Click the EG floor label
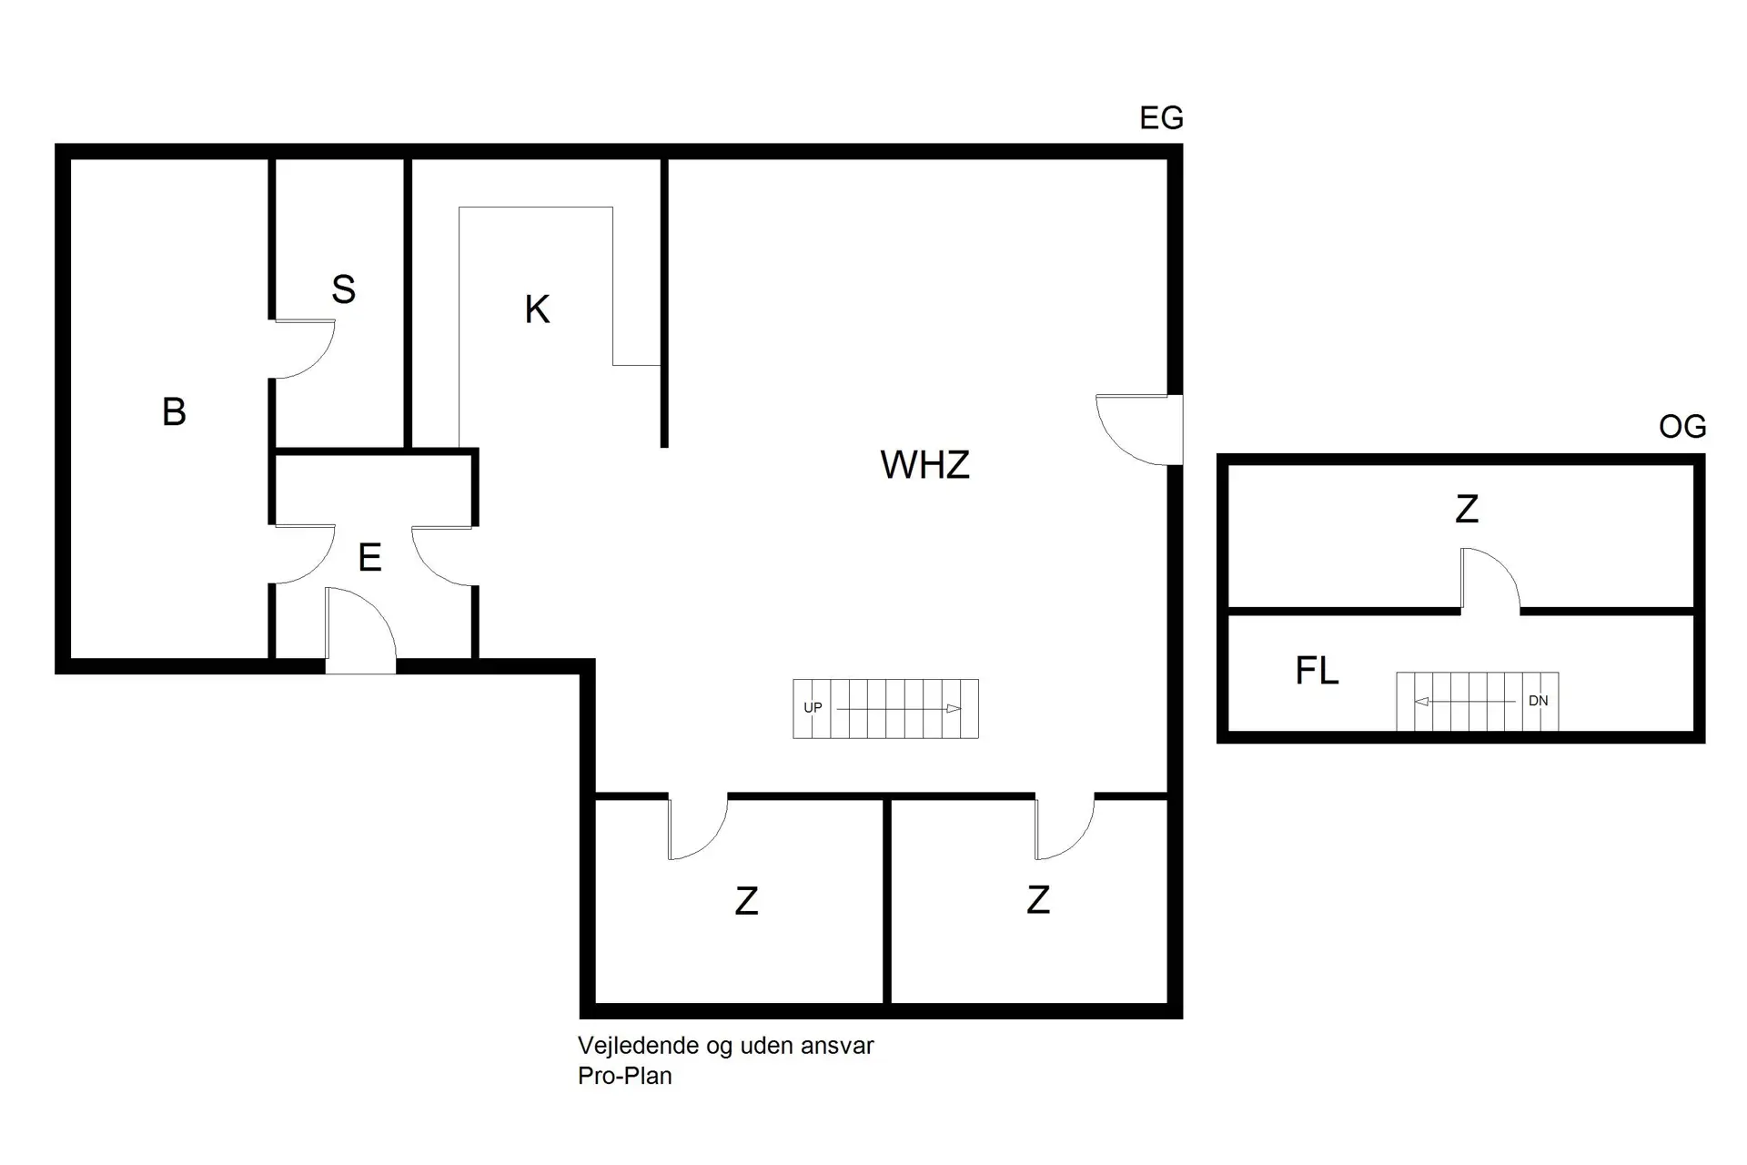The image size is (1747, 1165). (1161, 118)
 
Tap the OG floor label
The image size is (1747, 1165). (1682, 427)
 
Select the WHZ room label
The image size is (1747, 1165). (924, 465)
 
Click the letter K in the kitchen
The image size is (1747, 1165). (537, 310)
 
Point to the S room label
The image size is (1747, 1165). (343, 289)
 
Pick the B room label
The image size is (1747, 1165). (174, 412)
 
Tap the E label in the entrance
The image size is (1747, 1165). (369, 558)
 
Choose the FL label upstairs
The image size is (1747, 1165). (1317, 672)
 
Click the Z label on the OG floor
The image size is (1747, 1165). (1466, 510)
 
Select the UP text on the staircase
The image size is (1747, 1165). (813, 708)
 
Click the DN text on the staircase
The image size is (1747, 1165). (1538, 702)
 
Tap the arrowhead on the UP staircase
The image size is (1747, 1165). (953, 708)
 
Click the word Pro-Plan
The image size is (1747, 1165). (624, 1076)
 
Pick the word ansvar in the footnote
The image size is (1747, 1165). (838, 1046)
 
